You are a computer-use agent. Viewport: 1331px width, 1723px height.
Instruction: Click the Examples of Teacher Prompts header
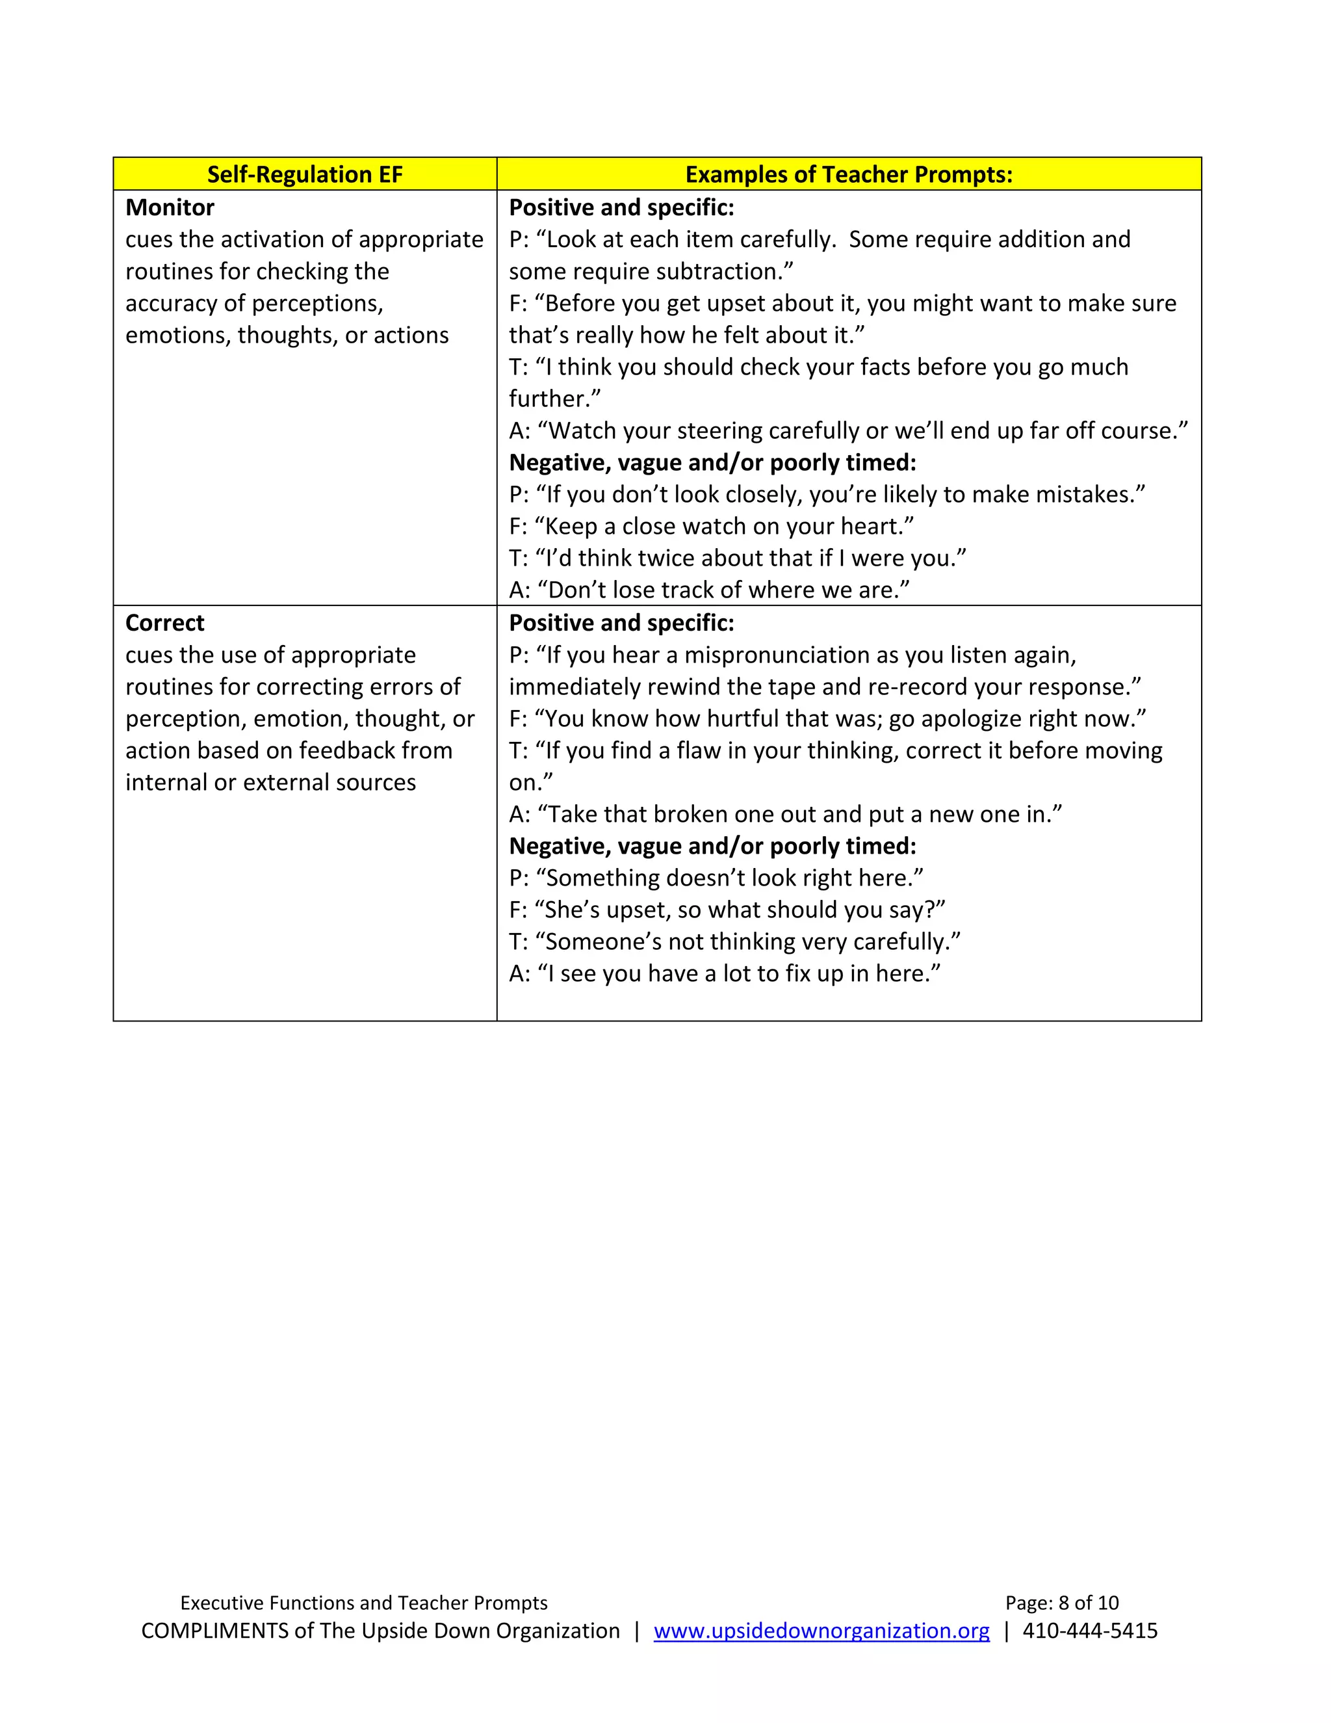click(848, 174)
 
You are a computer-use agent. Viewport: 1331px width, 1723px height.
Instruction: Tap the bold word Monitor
click(170, 207)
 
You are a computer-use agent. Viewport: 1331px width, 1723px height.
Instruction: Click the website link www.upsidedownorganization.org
click(821, 1631)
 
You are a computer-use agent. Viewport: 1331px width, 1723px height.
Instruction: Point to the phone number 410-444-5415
click(1090, 1631)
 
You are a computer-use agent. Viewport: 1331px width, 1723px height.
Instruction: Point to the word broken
click(694, 814)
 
